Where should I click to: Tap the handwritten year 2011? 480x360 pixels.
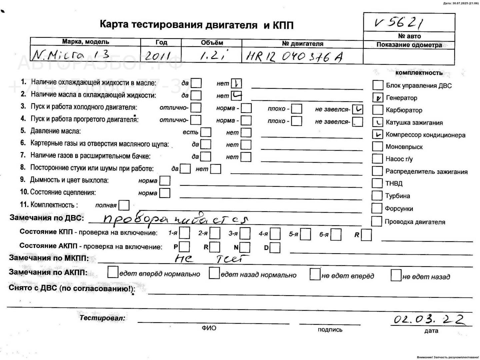point(157,56)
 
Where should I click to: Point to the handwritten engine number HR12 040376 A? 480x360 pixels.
point(294,57)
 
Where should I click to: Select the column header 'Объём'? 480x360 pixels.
point(212,43)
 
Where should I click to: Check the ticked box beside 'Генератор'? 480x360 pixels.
point(378,98)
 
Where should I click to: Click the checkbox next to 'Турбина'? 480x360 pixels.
point(377,196)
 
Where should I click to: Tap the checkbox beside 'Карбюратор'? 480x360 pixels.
point(377,110)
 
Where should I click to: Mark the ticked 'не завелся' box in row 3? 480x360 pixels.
point(357,109)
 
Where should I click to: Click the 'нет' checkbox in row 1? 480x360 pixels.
point(236,83)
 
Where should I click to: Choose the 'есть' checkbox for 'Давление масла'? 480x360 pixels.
point(206,132)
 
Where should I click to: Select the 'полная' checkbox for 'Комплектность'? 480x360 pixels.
point(124,205)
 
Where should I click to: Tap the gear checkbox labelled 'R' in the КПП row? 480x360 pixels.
point(366,235)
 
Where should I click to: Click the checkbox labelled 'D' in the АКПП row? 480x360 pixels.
point(275,248)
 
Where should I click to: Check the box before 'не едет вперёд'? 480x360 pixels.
point(315,274)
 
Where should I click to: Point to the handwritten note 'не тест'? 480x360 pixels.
point(212,259)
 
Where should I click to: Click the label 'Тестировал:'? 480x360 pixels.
point(102,318)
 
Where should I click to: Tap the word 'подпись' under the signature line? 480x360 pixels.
point(330,330)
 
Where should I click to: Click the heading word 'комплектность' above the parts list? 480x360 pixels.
point(419,73)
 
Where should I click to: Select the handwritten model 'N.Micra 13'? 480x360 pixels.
point(70,56)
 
